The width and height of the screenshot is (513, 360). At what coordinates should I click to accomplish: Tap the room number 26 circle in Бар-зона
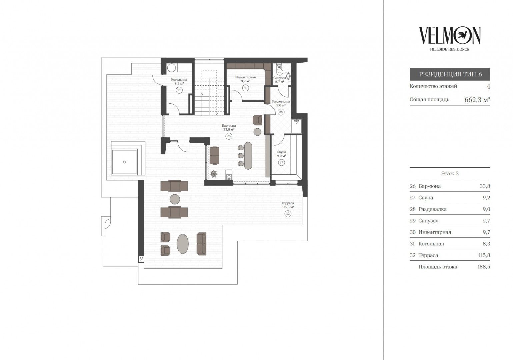(x=229, y=136)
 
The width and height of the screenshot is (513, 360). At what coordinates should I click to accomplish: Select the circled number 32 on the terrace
(x=288, y=214)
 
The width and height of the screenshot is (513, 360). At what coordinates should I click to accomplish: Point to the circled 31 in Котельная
(x=179, y=90)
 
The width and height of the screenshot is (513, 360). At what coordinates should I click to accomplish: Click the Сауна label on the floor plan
(x=281, y=152)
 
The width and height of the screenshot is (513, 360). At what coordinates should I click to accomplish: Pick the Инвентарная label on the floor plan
(x=246, y=77)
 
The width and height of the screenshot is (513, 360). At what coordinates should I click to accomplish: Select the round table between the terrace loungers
(x=175, y=199)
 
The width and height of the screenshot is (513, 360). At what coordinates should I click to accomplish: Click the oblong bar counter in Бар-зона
(x=248, y=156)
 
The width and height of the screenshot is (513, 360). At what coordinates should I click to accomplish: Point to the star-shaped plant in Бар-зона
(x=214, y=174)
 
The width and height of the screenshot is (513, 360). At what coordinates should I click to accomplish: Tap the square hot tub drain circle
(x=124, y=162)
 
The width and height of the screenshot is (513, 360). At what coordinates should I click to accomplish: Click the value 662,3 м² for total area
(x=477, y=100)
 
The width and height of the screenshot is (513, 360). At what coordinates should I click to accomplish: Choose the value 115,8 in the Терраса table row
(x=484, y=255)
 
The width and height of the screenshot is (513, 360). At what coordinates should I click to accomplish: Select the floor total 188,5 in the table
(x=484, y=267)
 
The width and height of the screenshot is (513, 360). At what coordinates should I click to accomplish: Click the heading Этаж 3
(x=450, y=173)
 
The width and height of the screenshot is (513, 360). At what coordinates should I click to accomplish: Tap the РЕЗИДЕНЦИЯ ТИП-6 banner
(x=450, y=74)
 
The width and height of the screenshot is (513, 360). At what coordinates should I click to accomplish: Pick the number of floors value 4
(x=488, y=86)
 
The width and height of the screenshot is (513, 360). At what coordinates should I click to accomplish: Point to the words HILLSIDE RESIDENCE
(x=450, y=49)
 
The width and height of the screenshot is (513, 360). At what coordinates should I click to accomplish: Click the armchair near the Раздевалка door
(x=257, y=120)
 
